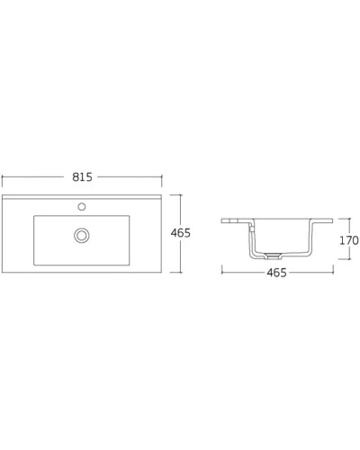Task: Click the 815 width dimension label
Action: pos(83,177)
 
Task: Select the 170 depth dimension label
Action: pos(348,240)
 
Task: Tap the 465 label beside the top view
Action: pos(181,233)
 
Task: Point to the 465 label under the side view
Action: pos(276,273)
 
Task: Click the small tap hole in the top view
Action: pos(82,206)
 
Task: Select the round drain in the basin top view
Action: pos(82,235)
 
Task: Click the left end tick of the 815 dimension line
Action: pos(2,177)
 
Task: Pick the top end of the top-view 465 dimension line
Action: pos(181,193)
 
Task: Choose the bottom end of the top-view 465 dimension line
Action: pos(181,273)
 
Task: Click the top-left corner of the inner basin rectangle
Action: pos(34,216)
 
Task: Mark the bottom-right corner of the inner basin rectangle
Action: pos(130,265)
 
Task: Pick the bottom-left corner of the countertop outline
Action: pos(3,273)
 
